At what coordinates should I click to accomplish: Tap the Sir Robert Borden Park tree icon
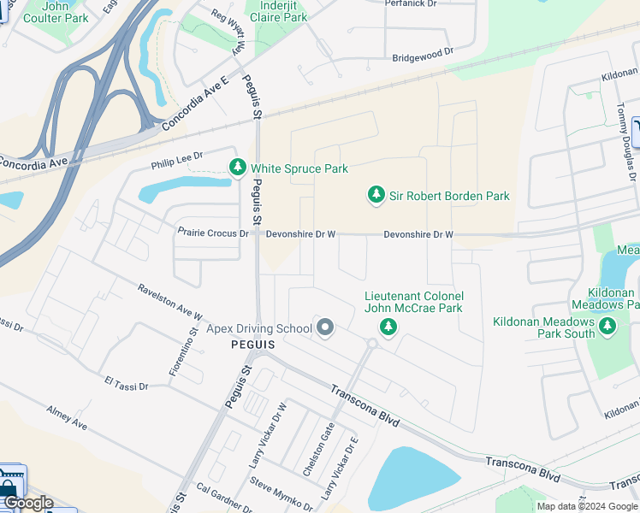pyautogui.click(x=376, y=196)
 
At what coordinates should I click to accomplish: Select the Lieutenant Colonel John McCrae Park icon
pyautogui.click(x=388, y=327)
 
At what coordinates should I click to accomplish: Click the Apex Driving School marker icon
pyautogui.click(x=324, y=327)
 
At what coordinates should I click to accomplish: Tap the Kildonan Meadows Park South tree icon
pyautogui.click(x=607, y=326)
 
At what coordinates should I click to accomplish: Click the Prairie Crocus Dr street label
pyautogui.click(x=213, y=233)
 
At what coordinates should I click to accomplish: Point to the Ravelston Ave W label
pyautogui.click(x=169, y=304)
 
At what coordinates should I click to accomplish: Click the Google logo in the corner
pyautogui.click(x=28, y=503)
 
